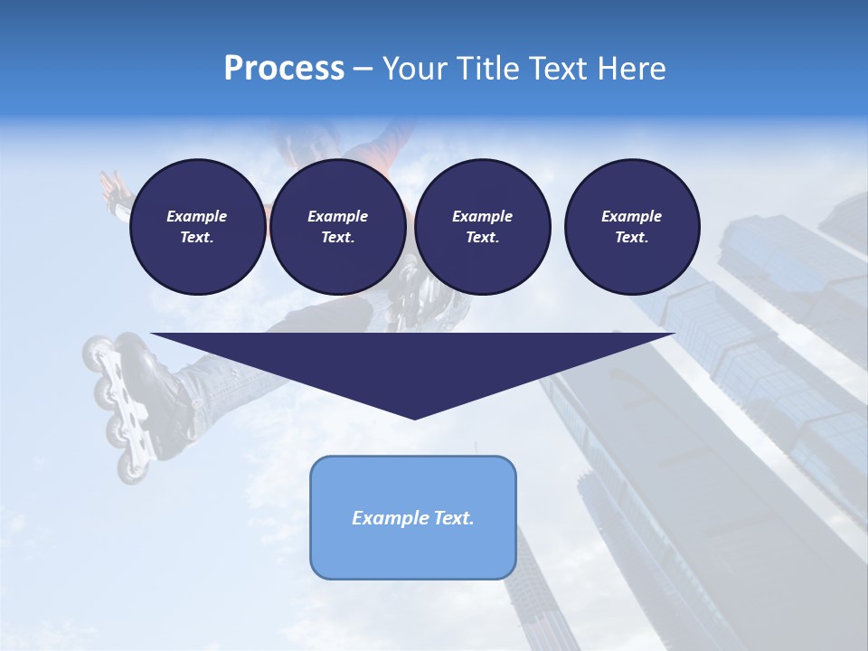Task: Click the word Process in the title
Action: coord(284,69)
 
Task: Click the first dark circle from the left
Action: coord(197,227)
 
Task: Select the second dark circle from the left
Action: coord(337,227)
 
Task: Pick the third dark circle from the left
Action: coord(482,227)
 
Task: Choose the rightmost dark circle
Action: coord(631,227)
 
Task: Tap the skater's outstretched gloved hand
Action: coord(115,191)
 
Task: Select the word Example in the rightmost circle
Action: coord(631,216)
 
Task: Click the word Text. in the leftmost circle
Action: coord(197,238)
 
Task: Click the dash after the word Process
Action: coord(363,69)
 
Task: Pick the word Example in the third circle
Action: coord(482,216)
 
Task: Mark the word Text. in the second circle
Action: coord(337,238)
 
